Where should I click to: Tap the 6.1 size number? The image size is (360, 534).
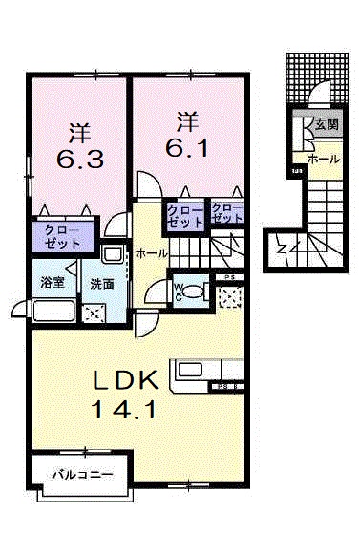pos(187,147)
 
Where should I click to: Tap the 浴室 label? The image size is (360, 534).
pos(52,283)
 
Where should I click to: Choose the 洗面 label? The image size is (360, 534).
pos(103,284)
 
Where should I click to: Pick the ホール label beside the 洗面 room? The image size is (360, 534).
pos(152,253)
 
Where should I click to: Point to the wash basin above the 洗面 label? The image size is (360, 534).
pos(112,256)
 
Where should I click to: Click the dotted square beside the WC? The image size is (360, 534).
pos(229,296)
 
